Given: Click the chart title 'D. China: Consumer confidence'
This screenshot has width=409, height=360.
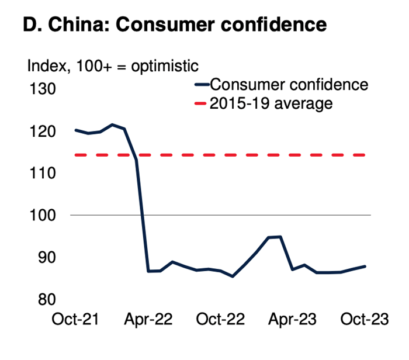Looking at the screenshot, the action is tap(175, 25).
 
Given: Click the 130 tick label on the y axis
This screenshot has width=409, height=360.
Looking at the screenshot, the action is tap(43, 89).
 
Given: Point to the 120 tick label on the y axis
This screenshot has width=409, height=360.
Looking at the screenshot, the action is tap(43, 131).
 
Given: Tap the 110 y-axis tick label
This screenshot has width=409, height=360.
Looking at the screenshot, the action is tap(43, 173).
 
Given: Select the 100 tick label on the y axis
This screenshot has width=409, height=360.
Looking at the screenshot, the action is tap(43, 215).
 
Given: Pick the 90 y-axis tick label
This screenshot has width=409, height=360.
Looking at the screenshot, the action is tap(47, 257).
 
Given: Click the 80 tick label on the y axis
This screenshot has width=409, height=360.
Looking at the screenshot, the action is tap(47, 299).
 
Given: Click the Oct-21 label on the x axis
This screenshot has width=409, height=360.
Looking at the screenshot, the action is tap(75, 319).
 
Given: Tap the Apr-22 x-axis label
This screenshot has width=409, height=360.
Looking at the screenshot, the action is tap(148, 319).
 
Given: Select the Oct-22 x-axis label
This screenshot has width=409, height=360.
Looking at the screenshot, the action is tap(220, 319).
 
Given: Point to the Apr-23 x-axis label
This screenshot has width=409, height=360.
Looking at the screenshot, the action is tap(292, 319).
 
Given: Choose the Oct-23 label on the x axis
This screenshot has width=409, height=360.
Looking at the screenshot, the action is tap(365, 319).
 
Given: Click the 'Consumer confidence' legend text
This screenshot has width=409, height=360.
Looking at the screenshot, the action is tap(289, 85).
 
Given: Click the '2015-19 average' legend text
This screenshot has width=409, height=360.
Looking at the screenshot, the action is tap(271, 103).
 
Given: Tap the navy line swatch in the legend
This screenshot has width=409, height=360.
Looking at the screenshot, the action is tap(202, 84).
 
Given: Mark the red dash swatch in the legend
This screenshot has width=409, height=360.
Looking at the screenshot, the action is tap(200, 103).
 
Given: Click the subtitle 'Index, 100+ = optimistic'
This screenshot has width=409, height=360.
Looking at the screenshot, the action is tap(113, 66).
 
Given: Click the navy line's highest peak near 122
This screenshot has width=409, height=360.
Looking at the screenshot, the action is tap(112, 124).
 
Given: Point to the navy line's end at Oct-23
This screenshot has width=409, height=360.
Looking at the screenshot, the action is tap(365, 266).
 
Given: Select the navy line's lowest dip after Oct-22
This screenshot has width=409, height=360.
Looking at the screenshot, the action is tap(233, 276).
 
